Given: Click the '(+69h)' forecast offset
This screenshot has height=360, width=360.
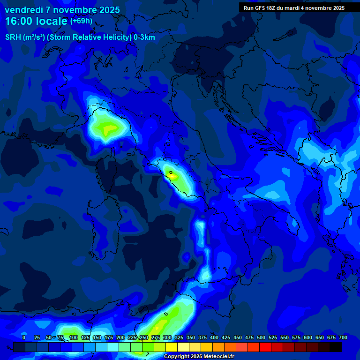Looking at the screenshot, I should tap(81, 21).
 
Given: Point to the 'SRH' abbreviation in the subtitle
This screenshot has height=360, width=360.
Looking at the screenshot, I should tap(13, 37).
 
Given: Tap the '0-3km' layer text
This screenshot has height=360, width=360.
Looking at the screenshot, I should tap(144, 37).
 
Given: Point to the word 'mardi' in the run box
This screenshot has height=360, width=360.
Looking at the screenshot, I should tap(300, 8).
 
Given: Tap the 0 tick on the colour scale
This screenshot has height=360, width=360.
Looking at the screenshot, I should tap(24, 337).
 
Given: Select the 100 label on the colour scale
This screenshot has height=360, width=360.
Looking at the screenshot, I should tap(74, 337).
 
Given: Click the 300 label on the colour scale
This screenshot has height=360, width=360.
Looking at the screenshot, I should tap(167, 337).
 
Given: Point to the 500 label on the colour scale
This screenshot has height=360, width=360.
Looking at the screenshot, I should tap(261, 337).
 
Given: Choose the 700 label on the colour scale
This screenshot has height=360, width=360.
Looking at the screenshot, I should tap(343, 337).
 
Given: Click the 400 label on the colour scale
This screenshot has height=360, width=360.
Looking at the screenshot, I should tap(214, 337).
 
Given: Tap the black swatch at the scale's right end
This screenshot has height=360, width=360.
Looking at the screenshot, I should tap(336, 347).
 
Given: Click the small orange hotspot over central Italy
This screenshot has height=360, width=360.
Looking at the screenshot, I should tap(172, 176).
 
